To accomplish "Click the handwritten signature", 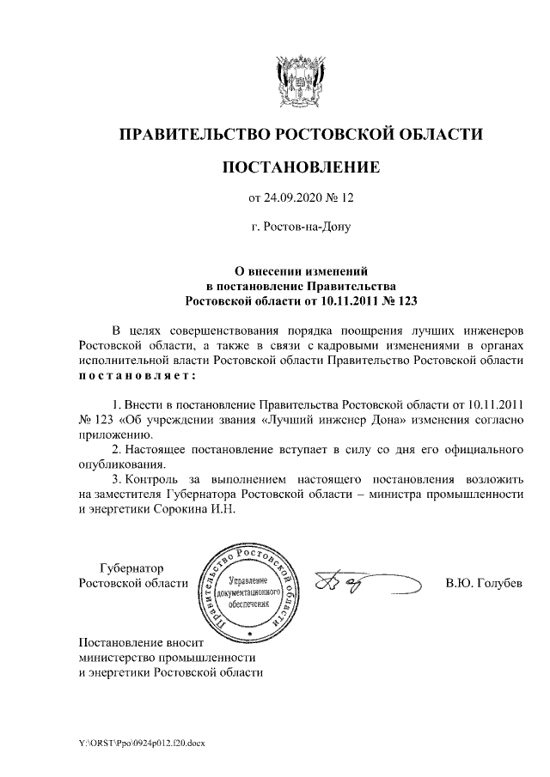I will point(361,584).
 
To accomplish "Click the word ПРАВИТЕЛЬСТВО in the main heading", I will point(192,135).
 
